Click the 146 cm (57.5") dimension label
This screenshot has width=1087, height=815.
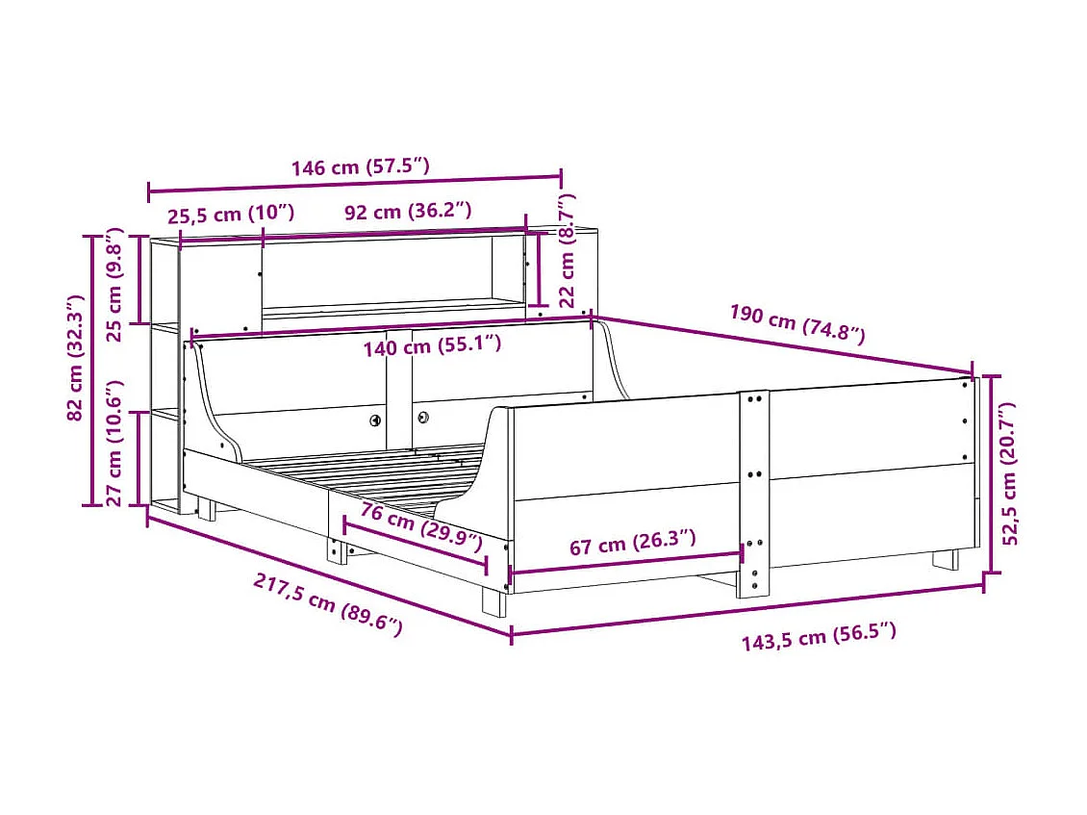click(360, 166)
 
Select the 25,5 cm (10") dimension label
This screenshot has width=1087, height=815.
click(231, 213)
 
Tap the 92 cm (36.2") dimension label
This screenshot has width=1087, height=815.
click(408, 212)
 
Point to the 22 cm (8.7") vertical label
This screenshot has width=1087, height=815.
click(567, 247)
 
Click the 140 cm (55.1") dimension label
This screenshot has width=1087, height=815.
click(432, 344)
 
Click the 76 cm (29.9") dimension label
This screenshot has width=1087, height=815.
click(421, 527)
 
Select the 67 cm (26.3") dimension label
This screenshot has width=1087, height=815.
click(632, 545)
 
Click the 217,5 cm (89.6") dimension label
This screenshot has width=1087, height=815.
click(328, 604)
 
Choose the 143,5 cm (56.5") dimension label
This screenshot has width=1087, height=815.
click(819, 636)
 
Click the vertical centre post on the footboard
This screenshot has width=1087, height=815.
click(753, 491)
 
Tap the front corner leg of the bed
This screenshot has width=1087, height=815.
click(493, 601)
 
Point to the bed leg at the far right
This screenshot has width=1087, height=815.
click(946, 559)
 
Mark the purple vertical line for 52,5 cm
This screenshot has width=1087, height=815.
click(983, 476)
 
